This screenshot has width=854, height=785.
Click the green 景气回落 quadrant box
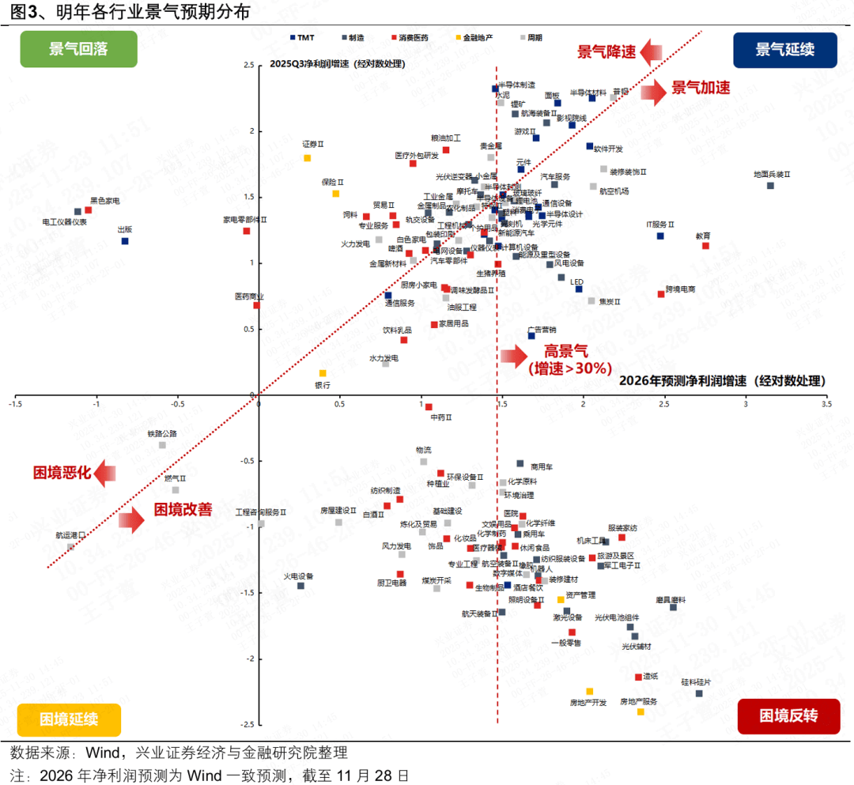78,49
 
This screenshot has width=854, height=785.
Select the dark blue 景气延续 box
784,49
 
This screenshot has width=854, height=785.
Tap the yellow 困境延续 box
69,719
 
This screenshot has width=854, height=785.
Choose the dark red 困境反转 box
788,716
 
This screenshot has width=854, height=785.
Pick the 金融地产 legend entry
473,37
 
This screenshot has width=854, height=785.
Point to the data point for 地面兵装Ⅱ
770,186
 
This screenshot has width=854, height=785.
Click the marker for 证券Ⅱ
308,158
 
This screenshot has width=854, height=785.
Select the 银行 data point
323,373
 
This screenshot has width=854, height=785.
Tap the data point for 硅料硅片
699,693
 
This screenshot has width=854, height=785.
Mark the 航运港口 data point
70,547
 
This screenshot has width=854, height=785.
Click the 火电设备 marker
300,586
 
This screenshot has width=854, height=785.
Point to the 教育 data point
705,246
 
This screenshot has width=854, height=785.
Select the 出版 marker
125,241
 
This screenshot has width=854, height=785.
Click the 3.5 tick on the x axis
826,404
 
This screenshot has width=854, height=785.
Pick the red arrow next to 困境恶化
104,474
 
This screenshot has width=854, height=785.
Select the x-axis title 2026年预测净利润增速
684,381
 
